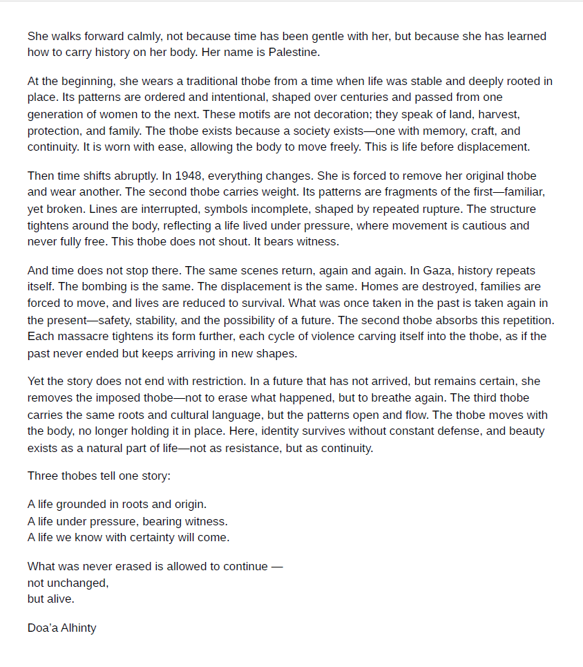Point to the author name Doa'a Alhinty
(x=62, y=628)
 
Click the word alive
(x=60, y=599)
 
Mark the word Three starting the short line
(x=43, y=476)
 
